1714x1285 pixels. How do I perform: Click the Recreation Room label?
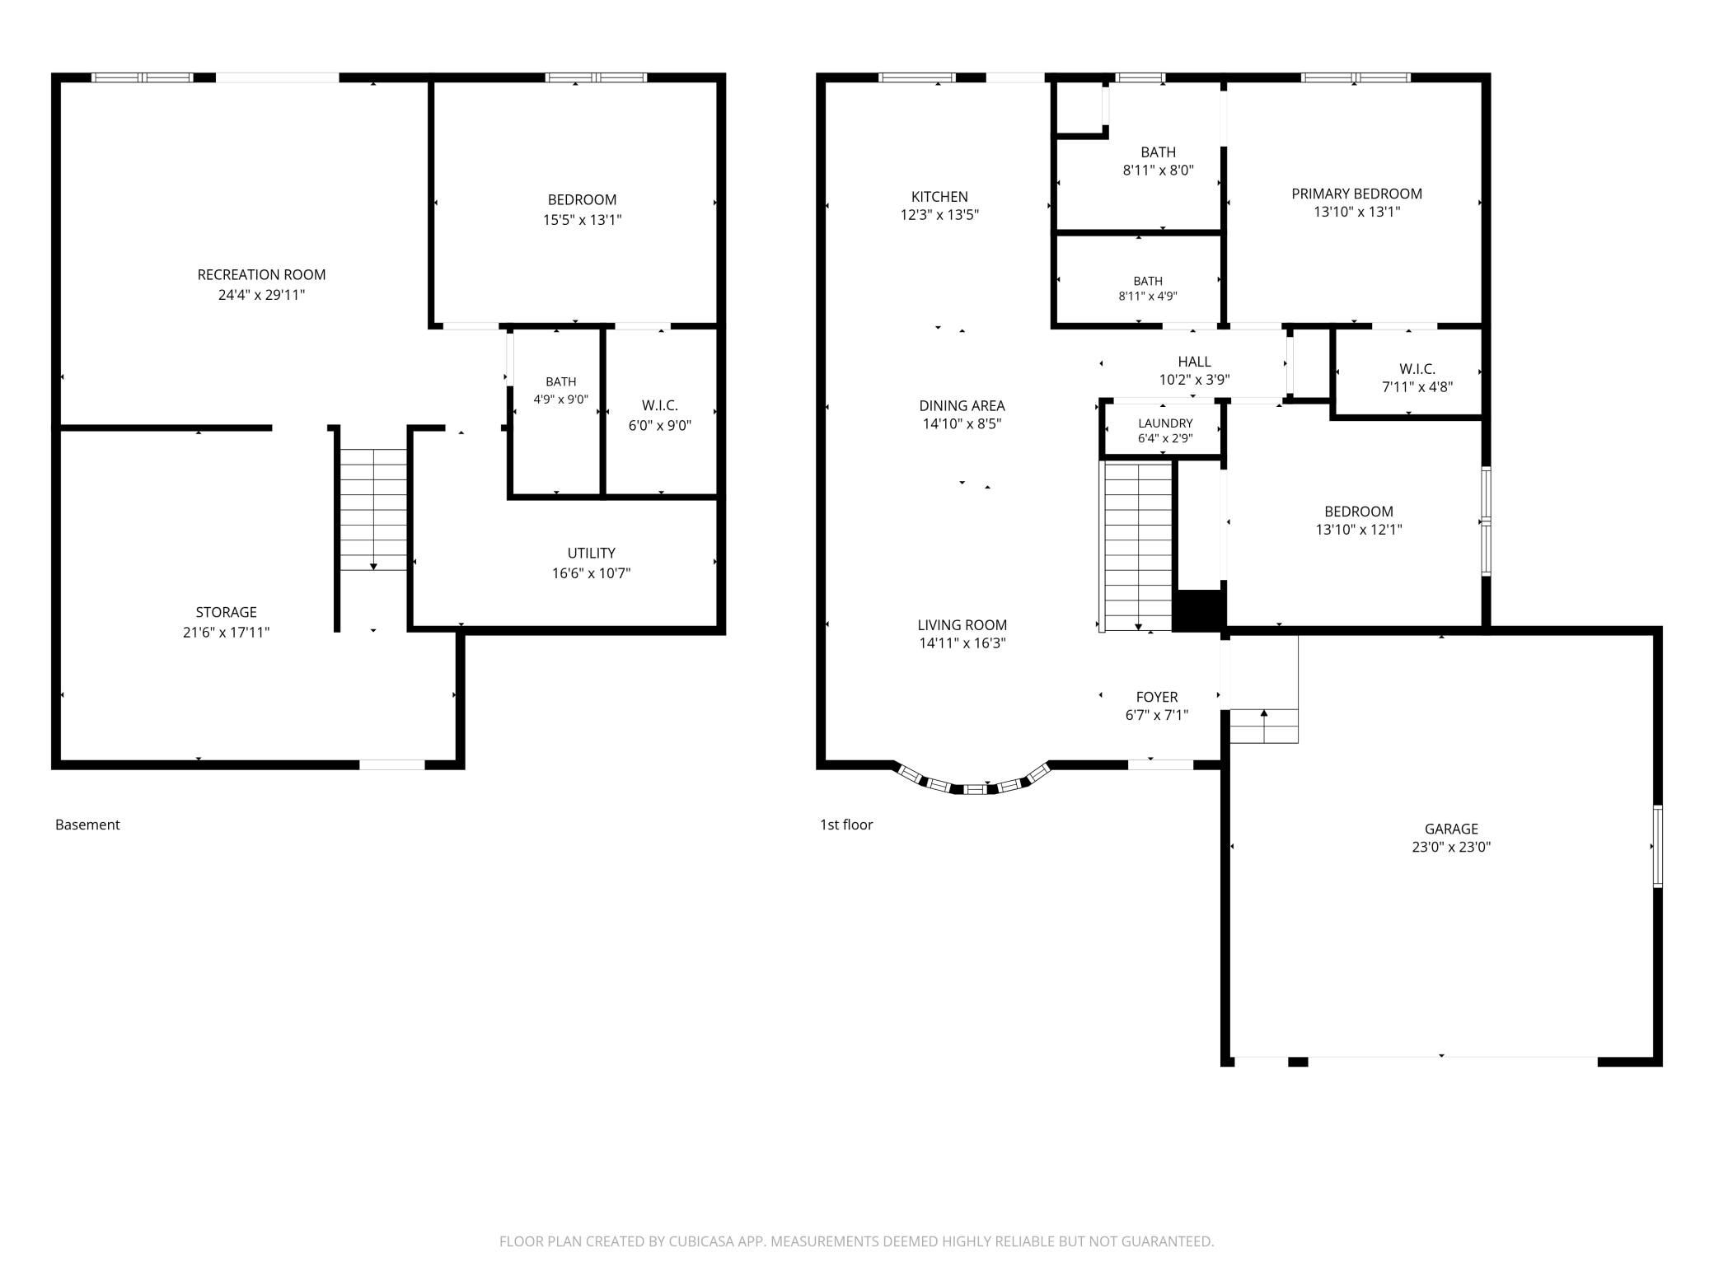(x=261, y=275)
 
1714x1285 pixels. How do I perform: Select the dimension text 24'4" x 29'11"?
(x=261, y=295)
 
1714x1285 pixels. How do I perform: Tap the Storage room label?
(x=226, y=612)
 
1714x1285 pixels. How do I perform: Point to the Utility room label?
(x=591, y=554)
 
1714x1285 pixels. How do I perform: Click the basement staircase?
(x=373, y=510)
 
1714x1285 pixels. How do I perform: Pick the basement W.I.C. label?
(x=659, y=406)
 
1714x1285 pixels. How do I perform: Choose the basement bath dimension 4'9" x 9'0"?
(x=560, y=400)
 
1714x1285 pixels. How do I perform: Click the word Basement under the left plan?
(x=87, y=825)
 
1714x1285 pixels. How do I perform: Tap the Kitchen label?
(x=939, y=197)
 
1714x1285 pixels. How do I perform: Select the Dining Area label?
(x=962, y=406)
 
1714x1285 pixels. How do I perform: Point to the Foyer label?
(x=1156, y=697)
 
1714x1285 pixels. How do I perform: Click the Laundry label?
(x=1165, y=423)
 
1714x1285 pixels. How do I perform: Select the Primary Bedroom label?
(x=1356, y=194)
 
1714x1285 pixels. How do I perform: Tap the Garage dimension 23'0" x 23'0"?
(x=1451, y=847)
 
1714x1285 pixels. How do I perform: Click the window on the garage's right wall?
(x=1657, y=846)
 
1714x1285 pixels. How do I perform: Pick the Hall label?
(x=1194, y=362)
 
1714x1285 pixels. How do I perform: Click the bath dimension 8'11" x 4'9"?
(x=1147, y=297)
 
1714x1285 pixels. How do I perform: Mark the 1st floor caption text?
(x=846, y=825)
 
